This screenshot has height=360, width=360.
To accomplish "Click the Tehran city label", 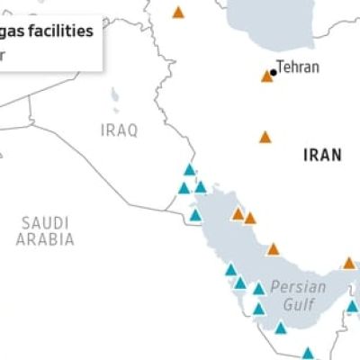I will pyautogui.click(x=298, y=67).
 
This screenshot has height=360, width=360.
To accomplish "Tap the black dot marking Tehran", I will pyautogui.click(x=273, y=72).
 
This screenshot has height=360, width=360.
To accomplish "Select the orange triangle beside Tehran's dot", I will pyautogui.click(x=266, y=76).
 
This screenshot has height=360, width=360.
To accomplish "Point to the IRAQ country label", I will pyautogui.click(x=120, y=130).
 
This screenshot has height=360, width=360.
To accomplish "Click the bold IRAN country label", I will pyautogui.click(x=322, y=155).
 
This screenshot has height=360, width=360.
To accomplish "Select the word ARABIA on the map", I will pyautogui.click(x=45, y=239).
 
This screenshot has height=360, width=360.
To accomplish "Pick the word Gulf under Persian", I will pyautogui.click(x=299, y=305).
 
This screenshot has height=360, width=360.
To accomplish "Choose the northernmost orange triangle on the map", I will pyautogui.click(x=178, y=13).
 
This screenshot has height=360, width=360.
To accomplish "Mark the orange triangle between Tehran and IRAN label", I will pyautogui.click(x=265, y=138).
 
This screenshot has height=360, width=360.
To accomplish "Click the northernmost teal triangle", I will pyautogui.click(x=190, y=169).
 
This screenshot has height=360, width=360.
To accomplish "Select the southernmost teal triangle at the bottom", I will pyautogui.click(x=308, y=354).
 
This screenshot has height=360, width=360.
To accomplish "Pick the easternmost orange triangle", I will pyautogui.click(x=349, y=264).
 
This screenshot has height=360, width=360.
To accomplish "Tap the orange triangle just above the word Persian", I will pyautogui.click(x=273, y=249).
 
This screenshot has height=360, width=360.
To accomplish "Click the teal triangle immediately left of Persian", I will pyautogui.click(x=259, y=289).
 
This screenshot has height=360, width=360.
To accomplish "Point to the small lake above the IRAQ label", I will pyautogui.click(x=114, y=95).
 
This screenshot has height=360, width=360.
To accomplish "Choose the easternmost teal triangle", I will pyautogui.click(x=352, y=306).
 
